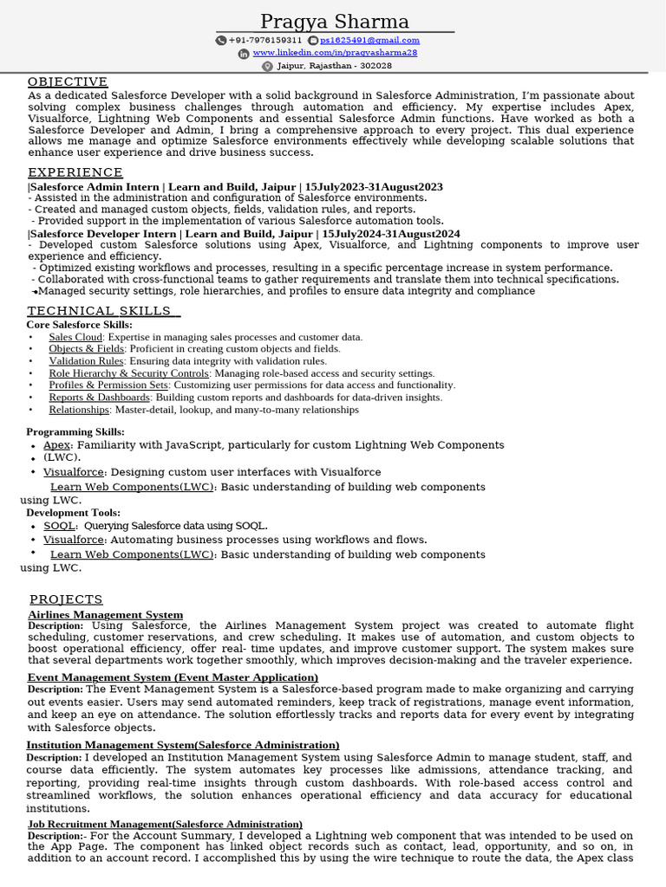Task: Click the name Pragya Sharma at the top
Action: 335,22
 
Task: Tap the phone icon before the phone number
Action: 221,40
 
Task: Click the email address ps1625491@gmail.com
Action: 369,40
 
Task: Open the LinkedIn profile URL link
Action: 335,53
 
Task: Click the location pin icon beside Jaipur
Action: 267,66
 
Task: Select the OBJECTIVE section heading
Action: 68,82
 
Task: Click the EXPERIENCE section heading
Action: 75,172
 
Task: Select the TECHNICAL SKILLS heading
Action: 102,312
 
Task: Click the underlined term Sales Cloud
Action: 75,337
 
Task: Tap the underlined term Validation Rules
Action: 86,361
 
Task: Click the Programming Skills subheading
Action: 75,431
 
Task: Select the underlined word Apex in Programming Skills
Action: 57,445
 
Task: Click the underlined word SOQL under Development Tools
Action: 60,526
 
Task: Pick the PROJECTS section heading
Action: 66,599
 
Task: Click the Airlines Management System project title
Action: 105,615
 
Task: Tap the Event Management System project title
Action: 173,677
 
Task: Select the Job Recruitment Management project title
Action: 165,824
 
